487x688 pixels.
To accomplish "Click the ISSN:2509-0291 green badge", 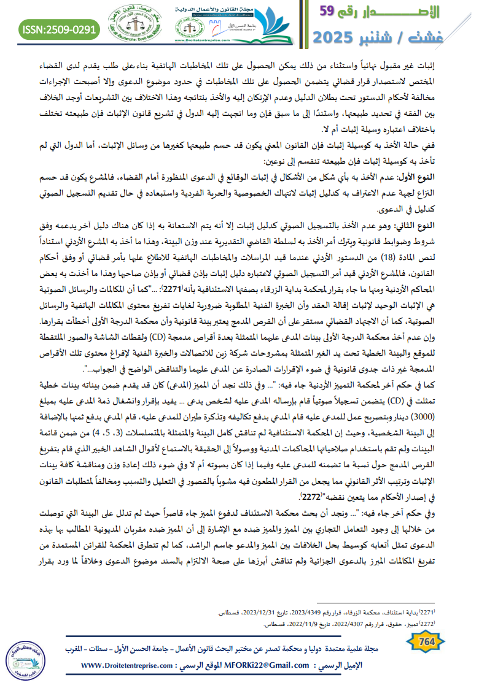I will click(60, 28).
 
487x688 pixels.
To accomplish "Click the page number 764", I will click(426, 641).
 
